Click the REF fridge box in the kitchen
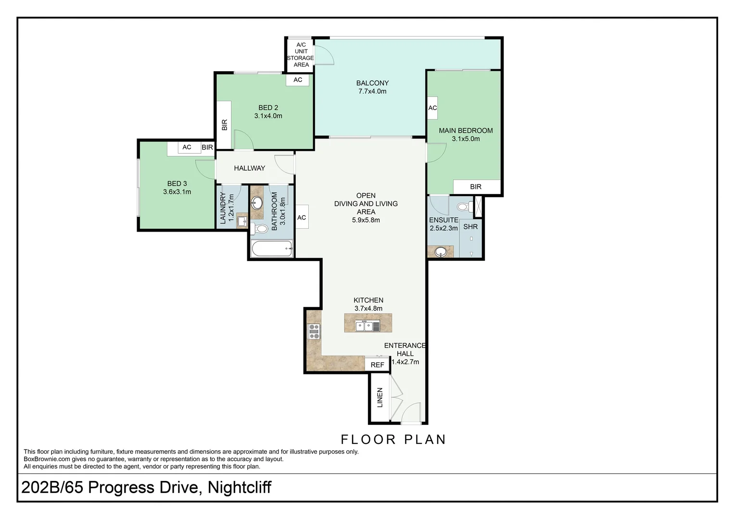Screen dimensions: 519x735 (377, 365)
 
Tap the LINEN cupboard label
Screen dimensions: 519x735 (380, 397)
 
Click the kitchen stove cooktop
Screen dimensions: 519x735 (314, 332)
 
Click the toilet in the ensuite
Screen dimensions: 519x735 (463, 207)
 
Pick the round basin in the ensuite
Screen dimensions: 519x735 (440, 252)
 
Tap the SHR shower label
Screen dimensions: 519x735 (470, 226)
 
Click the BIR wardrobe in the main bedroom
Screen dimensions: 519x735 (476, 186)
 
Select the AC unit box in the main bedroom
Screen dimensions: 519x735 (432, 108)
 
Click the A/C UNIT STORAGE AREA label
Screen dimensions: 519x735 (301, 55)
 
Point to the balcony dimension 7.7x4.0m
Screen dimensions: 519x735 (372, 91)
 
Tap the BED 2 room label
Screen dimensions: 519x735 (268, 108)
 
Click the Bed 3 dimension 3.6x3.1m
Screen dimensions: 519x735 (177, 192)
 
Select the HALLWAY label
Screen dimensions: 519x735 (249, 168)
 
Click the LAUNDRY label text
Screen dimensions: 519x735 (223, 208)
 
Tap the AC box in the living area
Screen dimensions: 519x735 (302, 217)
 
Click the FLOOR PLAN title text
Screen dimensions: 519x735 (393, 439)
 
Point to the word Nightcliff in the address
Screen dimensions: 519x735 (240, 487)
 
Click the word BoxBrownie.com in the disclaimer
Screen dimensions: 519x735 (46, 459)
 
